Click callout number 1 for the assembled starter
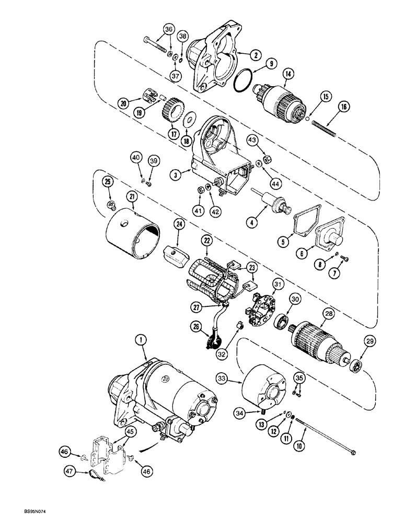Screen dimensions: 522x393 (140, 339)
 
